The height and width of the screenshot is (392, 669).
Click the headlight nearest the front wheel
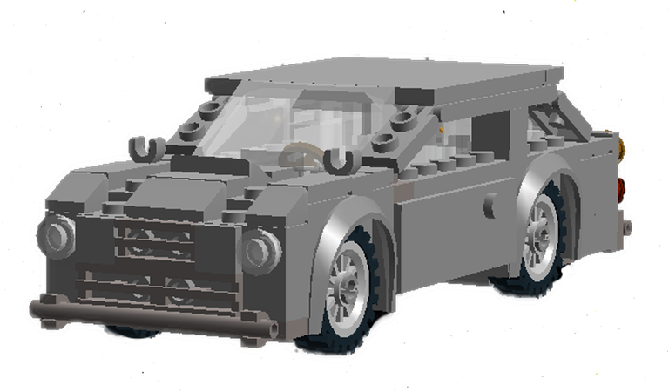(260, 250)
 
